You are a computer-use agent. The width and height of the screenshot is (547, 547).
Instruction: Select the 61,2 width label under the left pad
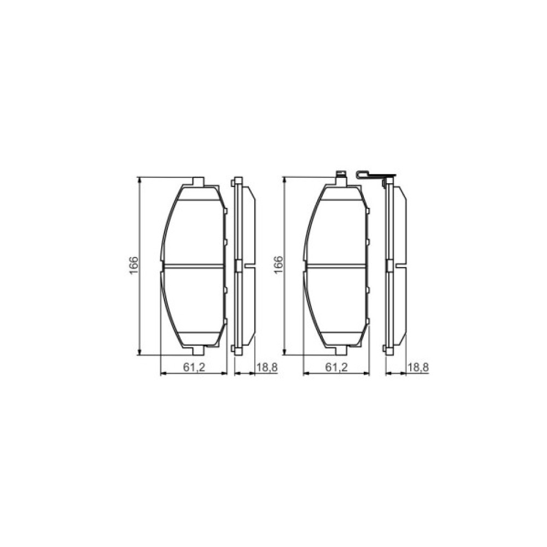[194, 368]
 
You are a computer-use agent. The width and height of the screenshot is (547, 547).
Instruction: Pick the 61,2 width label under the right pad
[336, 368]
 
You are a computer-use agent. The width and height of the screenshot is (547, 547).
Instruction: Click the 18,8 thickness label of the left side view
[267, 368]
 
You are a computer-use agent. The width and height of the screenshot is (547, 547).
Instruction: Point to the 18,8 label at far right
[417, 368]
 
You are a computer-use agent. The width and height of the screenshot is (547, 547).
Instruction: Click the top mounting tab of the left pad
[199, 182]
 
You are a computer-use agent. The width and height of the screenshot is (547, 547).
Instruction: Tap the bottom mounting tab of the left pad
[199, 350]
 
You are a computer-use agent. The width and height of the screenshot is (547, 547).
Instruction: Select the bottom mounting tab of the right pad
[341, 350]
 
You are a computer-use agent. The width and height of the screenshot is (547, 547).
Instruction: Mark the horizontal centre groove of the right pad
[336, 266]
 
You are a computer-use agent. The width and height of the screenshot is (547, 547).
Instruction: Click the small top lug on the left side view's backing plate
[237, 179]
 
